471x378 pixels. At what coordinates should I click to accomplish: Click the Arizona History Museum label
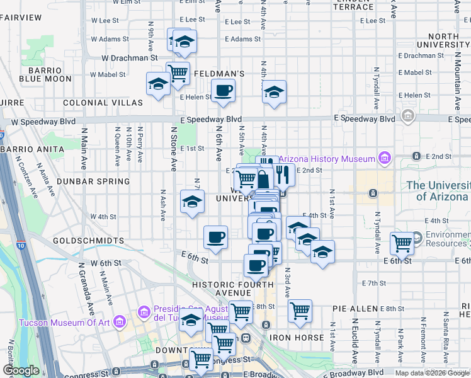(x=326, y=159)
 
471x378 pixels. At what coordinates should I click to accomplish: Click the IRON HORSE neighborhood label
(x=297, y=338)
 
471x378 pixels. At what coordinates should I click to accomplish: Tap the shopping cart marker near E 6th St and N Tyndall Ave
(x=402, y=242)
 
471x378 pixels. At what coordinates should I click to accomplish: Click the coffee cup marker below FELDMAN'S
(x=223, y=91)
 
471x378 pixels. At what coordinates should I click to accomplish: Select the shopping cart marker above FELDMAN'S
(x=178, y=72)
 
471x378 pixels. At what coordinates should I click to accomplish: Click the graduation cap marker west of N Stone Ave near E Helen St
(x=158, y=84)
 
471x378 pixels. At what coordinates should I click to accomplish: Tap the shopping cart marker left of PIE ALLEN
(x=300, y=310)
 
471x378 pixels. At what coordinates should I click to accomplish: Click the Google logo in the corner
(x=21, y=370)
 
